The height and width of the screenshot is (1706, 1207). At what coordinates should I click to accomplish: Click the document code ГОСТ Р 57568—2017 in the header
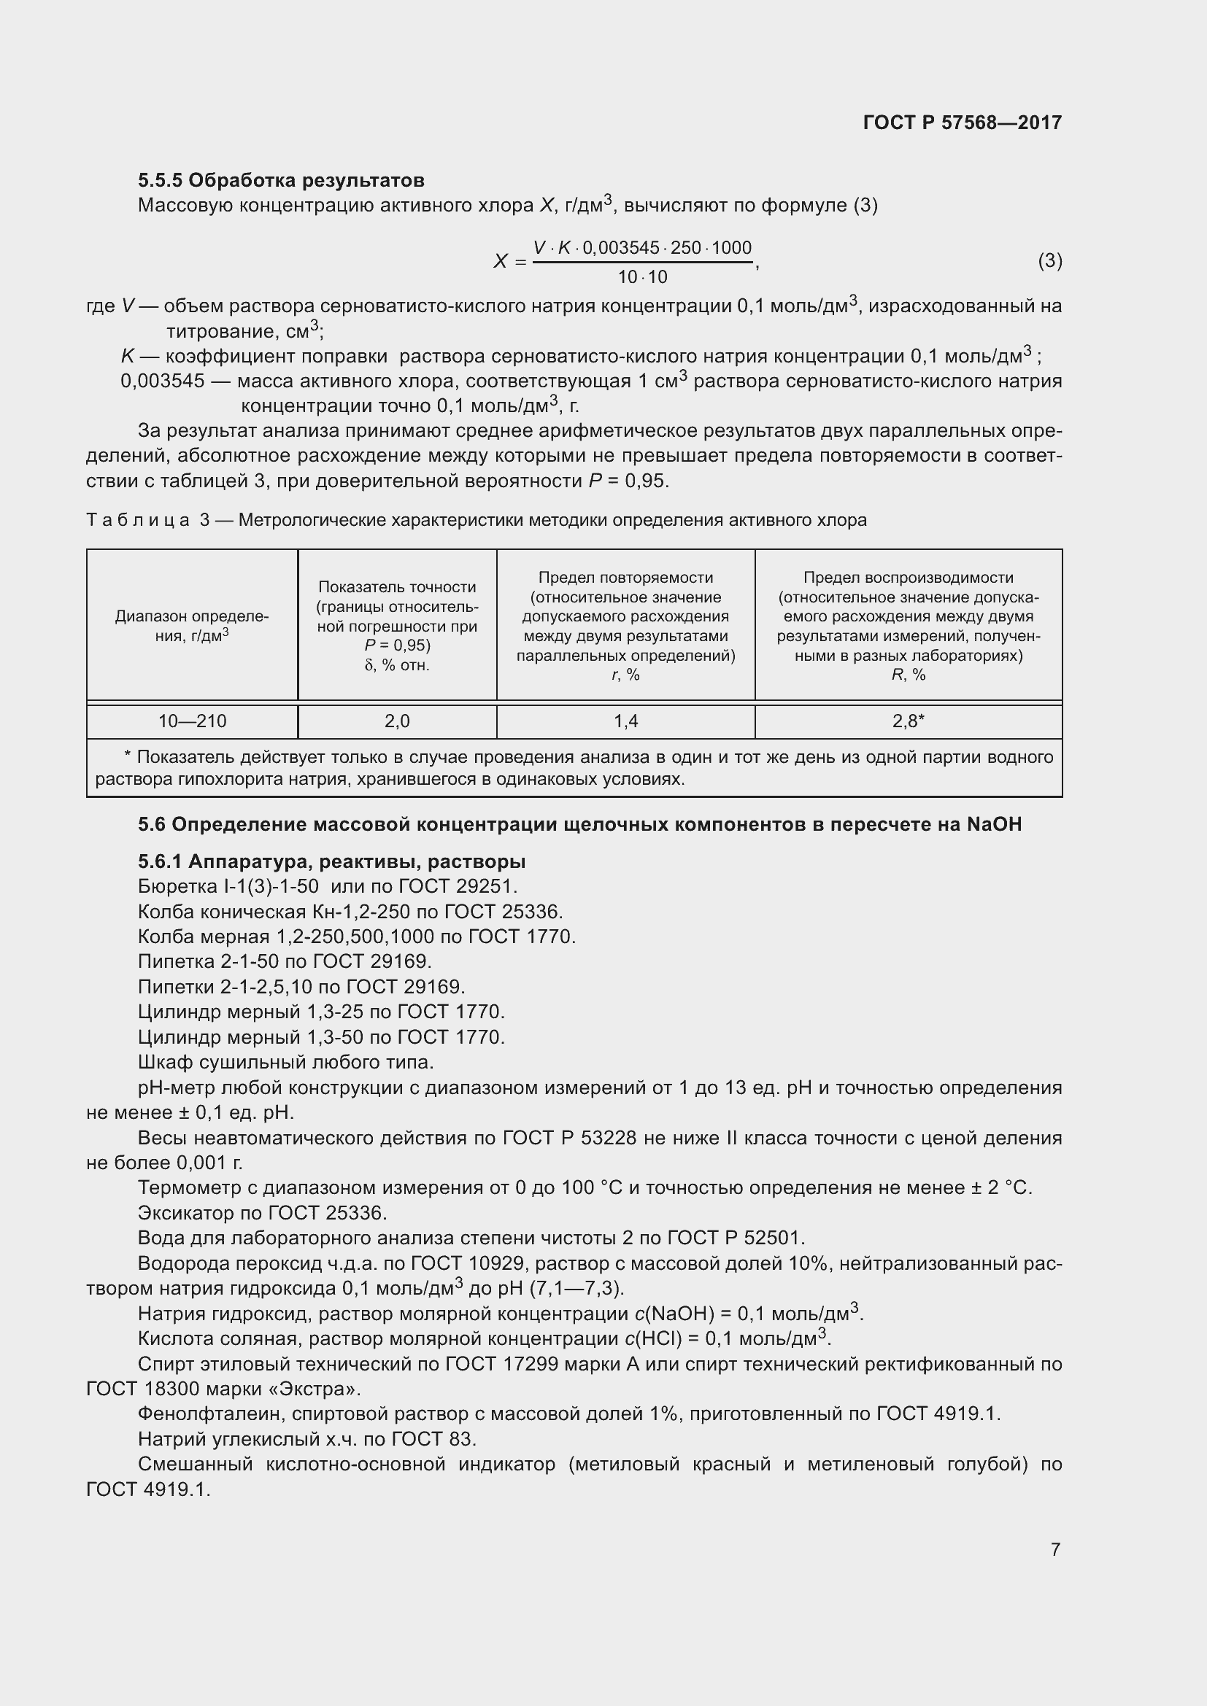coord(962,123)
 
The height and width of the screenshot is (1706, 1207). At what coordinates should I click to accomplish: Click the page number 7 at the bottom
coord(1055,1549)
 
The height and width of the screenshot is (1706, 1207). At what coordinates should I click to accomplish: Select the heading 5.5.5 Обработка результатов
coord(281,180)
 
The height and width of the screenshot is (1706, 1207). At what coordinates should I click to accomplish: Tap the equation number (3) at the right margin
coord(1049,261)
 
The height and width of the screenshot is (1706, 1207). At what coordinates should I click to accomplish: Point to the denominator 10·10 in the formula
coord(642,277)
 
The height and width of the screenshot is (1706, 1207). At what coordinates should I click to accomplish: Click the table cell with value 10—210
coord(192,721)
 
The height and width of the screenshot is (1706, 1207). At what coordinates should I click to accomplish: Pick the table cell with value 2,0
coord(397,721)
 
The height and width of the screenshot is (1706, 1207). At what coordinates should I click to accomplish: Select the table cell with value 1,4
coord(625,721)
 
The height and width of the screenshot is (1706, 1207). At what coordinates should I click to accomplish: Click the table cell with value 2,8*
coord(909,721)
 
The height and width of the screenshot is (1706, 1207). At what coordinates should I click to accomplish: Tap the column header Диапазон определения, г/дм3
coord(192,626)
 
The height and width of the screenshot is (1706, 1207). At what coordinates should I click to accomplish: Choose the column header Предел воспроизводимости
coord(909,578)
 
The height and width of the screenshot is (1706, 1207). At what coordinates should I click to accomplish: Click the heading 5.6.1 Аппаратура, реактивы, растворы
coord(331,861)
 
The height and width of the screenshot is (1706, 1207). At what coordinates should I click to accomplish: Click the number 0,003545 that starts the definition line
coord(162,381)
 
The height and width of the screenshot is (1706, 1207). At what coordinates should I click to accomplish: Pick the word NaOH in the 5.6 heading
coord(994,824)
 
